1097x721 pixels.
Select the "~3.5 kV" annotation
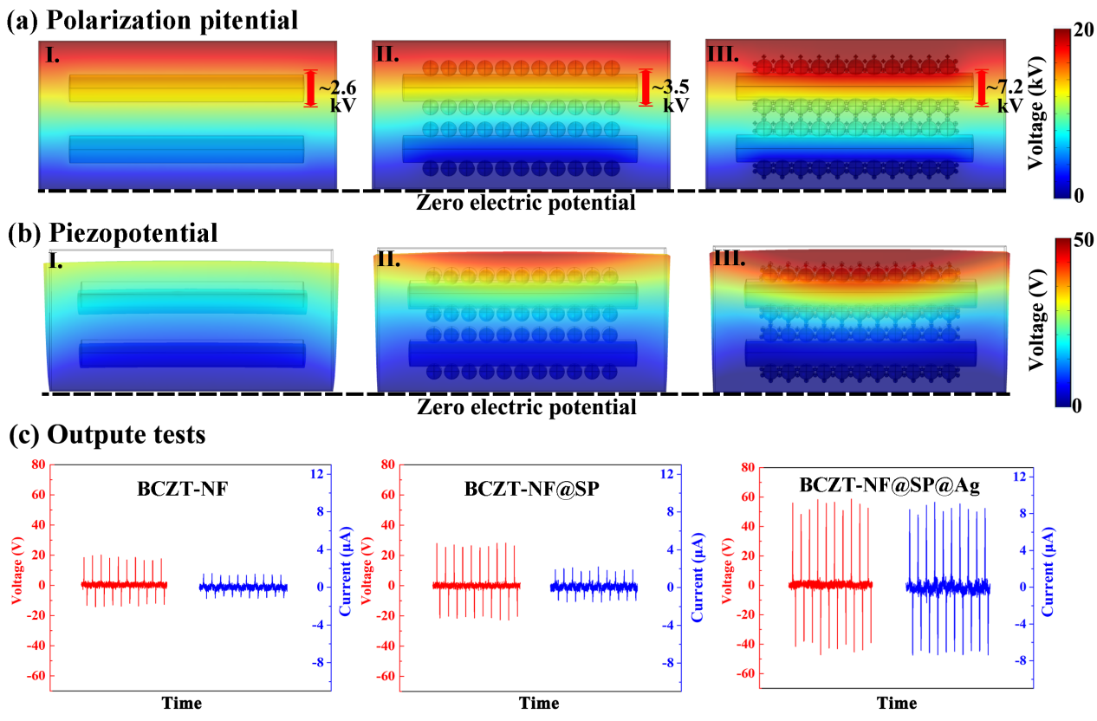coord(670,95)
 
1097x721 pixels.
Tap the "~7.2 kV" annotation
coord(1006,95)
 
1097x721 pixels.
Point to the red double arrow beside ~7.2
coord(981,88)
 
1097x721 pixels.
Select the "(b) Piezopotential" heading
coord(112,232)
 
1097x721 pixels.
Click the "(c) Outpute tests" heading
coord(107,434)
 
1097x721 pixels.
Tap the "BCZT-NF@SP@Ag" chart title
coord(890,486)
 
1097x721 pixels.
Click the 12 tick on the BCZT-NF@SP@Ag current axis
coord(1069,476)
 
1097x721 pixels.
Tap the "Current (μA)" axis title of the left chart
coord(345,575)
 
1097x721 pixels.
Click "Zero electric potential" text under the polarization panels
coord(526,203)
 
